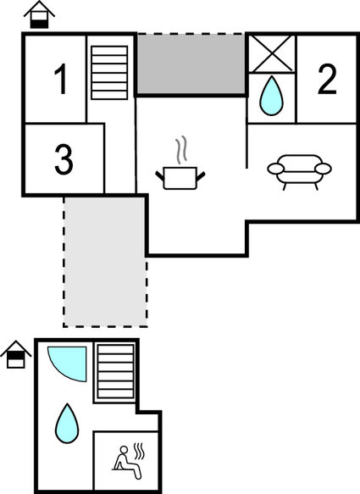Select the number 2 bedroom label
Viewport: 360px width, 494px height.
pos(327,79)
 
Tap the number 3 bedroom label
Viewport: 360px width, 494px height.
pos(64,159)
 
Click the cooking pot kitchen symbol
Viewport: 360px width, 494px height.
pos(180,178)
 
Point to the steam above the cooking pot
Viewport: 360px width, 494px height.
pos(181,150)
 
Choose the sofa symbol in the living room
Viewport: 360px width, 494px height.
pos(299,172)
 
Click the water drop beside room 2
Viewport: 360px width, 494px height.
pos(271,96)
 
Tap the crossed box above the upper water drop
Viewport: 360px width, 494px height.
pos(272,53)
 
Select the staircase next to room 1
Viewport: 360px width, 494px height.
pos(109,73)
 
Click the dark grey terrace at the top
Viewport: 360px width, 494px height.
pos(191,64)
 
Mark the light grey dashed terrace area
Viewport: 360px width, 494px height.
pos(105,262)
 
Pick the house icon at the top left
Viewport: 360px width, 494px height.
pos(39,14)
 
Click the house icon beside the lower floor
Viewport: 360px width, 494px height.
pos(16,354)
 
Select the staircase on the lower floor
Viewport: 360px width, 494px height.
pos(115,371)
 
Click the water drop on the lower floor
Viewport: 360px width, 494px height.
pos(67,424)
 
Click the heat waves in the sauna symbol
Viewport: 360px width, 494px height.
pos(139,451)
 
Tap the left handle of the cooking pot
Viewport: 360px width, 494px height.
pos(160,175)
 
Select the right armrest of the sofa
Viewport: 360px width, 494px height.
pos(323,169)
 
